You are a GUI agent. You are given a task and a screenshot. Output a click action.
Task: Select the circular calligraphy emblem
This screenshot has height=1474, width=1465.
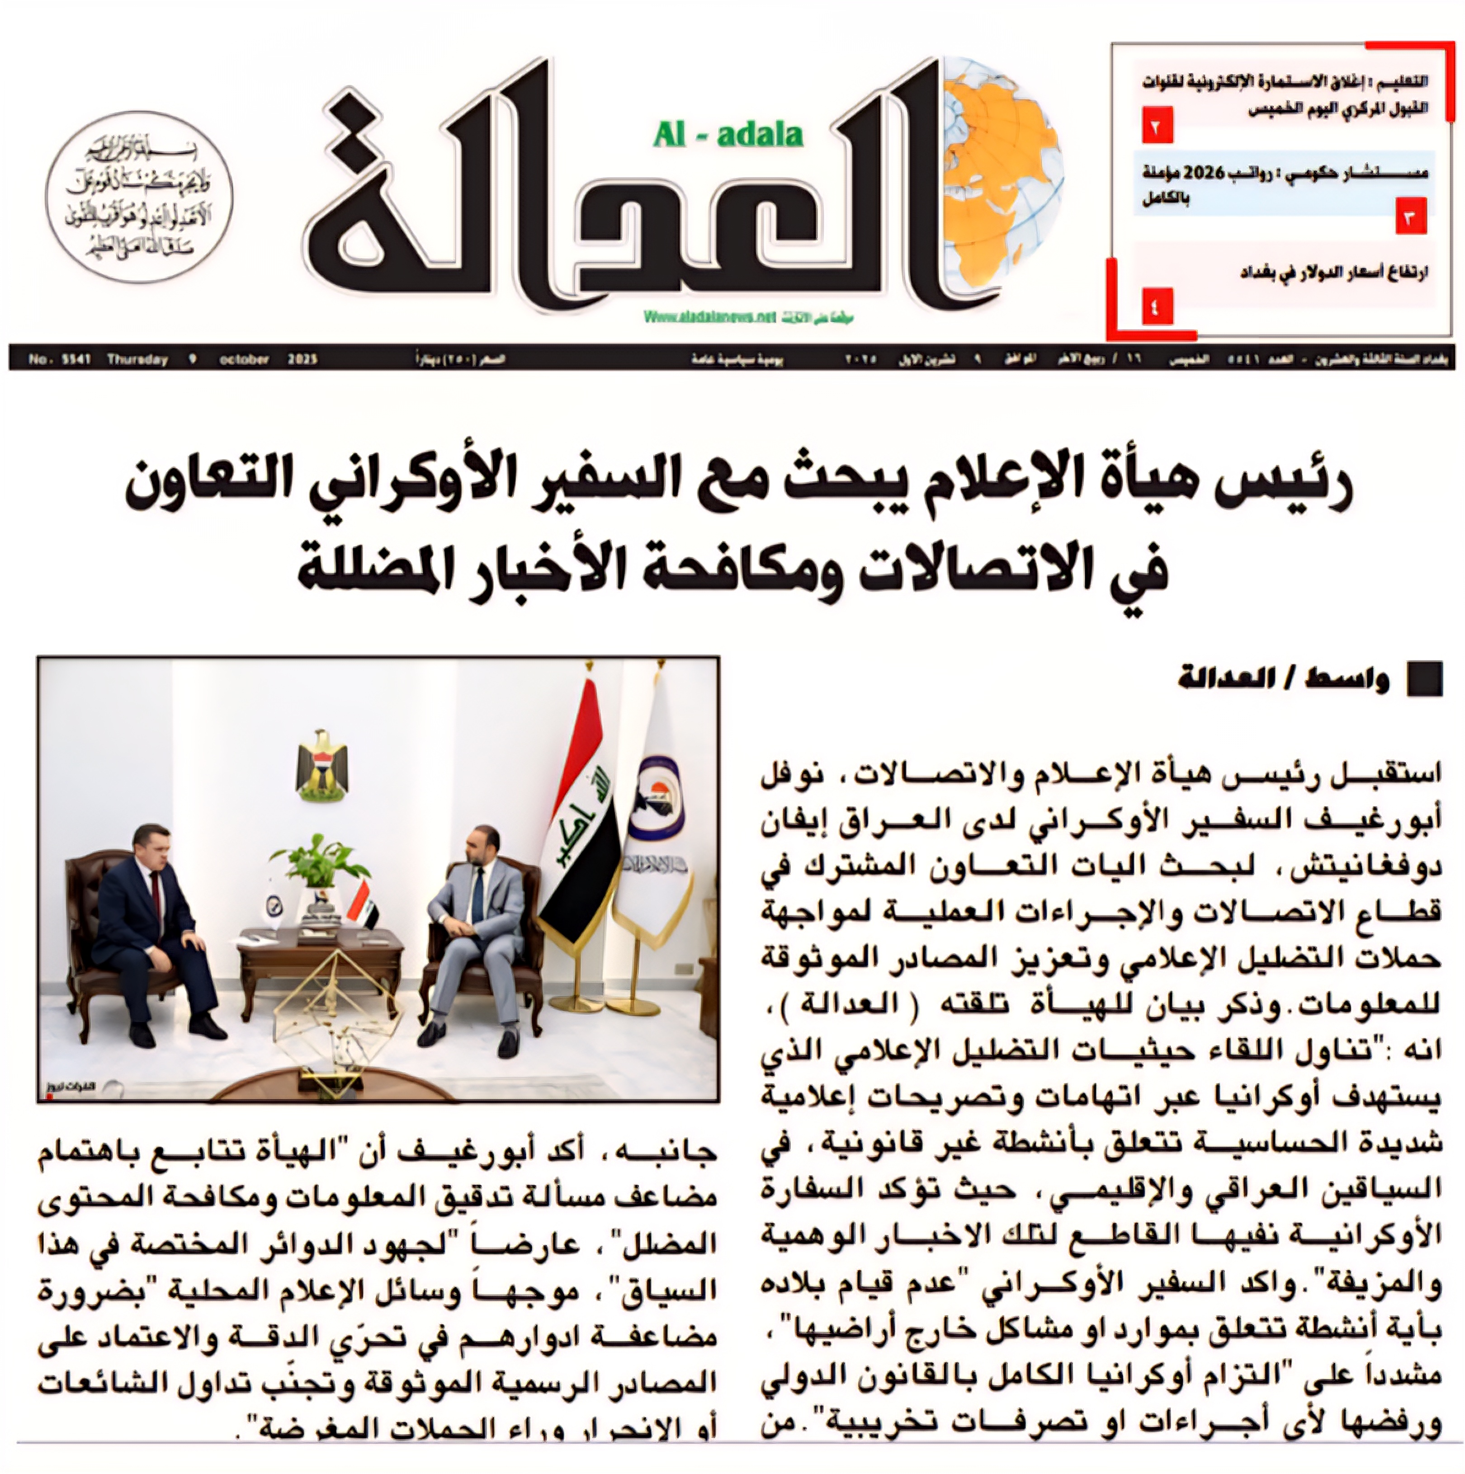point(139,196)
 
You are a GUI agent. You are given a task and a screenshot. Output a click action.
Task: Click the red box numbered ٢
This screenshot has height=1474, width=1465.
point(1156,127)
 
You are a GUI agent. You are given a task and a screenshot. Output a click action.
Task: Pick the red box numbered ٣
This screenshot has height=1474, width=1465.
point(1410,219)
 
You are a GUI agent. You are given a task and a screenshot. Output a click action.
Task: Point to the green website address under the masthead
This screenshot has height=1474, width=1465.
point(709,316)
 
